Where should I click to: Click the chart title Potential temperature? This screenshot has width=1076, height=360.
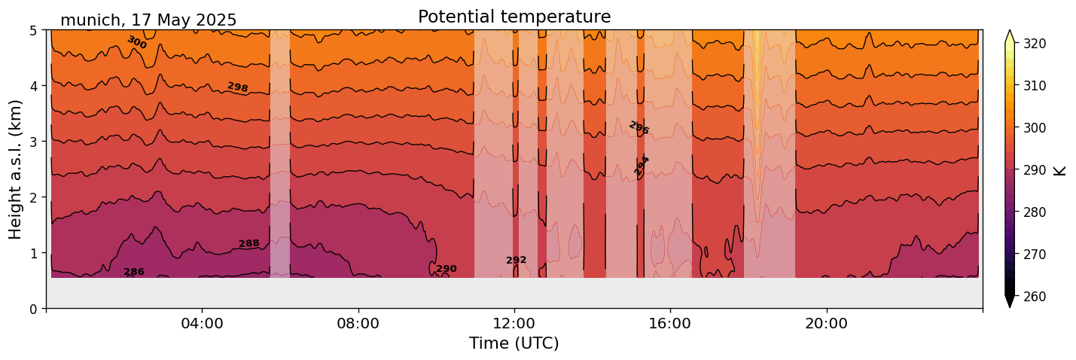[514, 17]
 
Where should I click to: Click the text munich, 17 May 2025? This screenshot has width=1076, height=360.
[148, 20]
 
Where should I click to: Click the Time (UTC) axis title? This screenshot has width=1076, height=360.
[514, 343]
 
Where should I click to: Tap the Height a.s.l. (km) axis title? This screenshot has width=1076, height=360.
[16, 169]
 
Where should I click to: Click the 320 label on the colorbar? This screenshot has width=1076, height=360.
[1034, 44]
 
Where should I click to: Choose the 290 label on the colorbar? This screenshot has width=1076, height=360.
[1034, 170]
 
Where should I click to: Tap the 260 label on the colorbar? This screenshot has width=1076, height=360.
[1034, 297]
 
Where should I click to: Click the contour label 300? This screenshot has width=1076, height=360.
[136, 42]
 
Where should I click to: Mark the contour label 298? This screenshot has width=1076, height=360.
[238, 87]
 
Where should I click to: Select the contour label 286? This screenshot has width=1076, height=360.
[134, 272]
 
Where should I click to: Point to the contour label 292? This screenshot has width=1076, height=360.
[517, 261]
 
